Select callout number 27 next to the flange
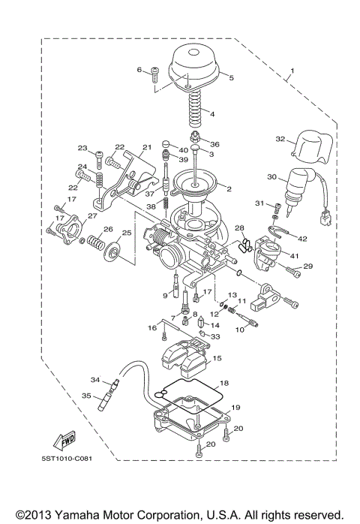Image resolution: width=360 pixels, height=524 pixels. [92, 216]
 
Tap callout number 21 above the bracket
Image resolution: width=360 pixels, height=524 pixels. [145, 147]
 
